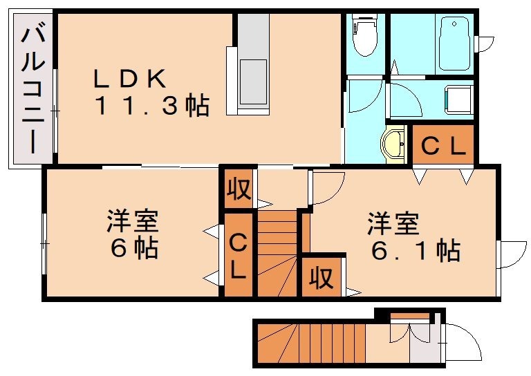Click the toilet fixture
pyautogui.click(x=364, y=38)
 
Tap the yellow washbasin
pyautogui.click(x=395, y=144)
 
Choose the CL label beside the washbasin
pyautogui.click(x=443, y=146)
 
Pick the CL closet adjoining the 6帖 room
pyautogui.click(x=238, y=256)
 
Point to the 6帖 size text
pyautogui.click(x=135, y=247)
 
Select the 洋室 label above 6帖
pyautogui.click(x=133, y=222)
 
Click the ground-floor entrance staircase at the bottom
pyautogui.click(x=311, y=344)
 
